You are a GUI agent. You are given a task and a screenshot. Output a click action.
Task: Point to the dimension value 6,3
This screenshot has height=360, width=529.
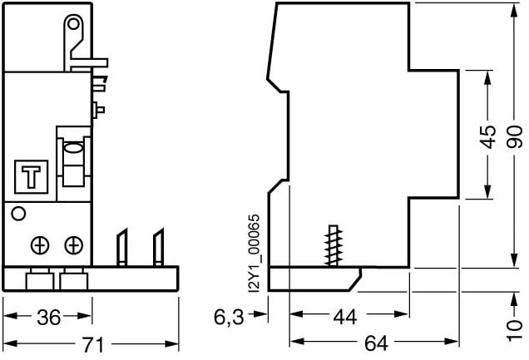[x=229, y=317]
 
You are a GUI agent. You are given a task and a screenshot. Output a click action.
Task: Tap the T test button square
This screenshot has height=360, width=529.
[x=32, y=177]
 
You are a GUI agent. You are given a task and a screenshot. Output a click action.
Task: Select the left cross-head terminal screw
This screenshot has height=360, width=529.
[x=39, y=244]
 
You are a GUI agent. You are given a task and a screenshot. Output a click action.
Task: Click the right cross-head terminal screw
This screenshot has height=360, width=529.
[x=73, y=244]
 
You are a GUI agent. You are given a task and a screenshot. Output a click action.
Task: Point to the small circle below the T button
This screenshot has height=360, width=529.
[x=18, y=214]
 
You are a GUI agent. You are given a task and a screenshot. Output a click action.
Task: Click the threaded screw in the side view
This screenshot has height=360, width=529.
[x=334, y=244]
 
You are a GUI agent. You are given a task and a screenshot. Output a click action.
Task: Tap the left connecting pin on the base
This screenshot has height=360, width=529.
[x=121, y=247]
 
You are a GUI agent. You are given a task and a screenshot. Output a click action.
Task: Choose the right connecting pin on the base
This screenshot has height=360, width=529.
[x=156, y=247]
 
